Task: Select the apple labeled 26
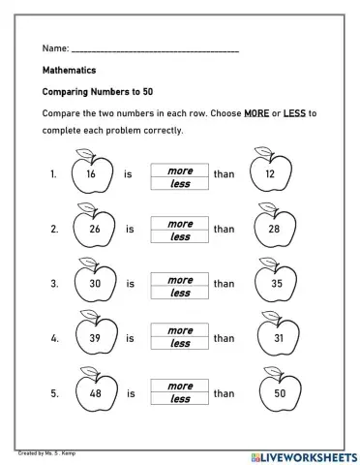coord(93,230)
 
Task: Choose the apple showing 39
coord(93,339)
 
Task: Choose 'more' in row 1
coord(181,170)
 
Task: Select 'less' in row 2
coord(181,236)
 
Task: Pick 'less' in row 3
coord(181,292)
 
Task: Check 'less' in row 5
coord(181,400)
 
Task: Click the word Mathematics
coord(70,70)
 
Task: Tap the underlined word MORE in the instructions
coord(255,113)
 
